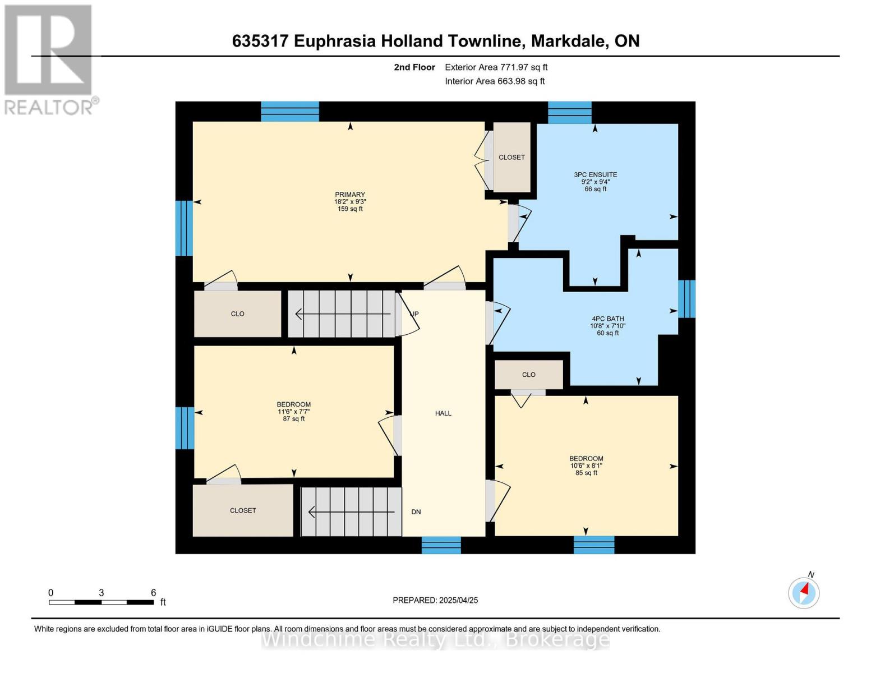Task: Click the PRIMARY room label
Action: pos(350,195)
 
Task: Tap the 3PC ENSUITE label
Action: pos(595,175)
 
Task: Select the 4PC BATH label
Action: pos(607,319)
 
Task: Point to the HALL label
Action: pos(443,413)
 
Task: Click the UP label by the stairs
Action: pos(414,314)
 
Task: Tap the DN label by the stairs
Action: pos(416,512)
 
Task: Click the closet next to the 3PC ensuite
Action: pos(511,158)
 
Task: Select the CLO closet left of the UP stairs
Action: pos(238,314)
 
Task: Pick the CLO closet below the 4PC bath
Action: pos(529,375)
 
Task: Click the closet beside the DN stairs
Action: pos(243,510)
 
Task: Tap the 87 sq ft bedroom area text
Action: pos(294,419)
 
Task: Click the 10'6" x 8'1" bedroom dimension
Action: pos(587,465)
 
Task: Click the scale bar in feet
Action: pos(102,602)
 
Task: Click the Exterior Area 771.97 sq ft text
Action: pos(496,67)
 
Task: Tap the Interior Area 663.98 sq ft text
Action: pos(495,81)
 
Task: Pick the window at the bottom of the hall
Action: pos(441,545)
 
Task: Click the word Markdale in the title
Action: pos(568,41)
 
